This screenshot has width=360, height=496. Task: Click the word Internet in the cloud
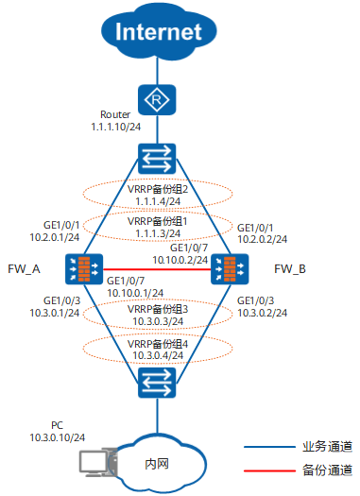159,32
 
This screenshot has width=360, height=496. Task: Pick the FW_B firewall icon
225,269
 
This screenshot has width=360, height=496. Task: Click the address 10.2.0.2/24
262,241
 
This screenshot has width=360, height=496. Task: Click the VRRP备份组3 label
158,309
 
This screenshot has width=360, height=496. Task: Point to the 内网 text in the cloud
157,463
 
